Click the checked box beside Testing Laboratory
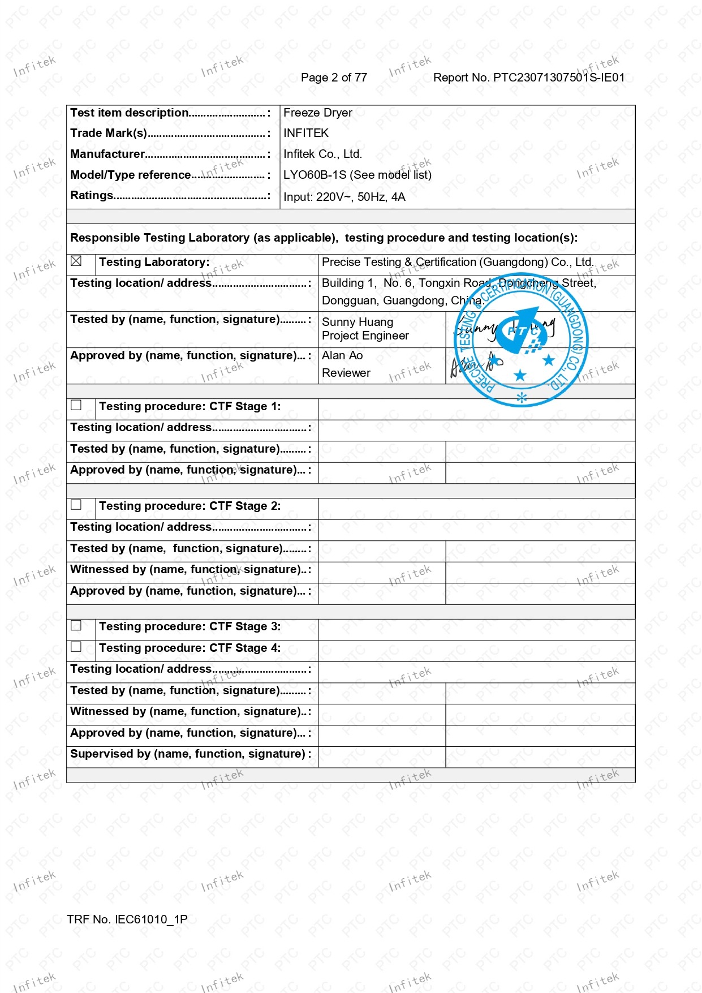pos(76,261)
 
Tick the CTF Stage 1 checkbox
pos(76,405)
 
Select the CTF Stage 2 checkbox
pos(76,505)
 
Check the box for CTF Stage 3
pos(76,625)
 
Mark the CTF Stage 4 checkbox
pos(76,647)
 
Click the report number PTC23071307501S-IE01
pos(529,78)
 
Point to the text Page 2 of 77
pos(334,78)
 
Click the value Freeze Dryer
pos(317,113)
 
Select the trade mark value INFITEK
pos(305,133)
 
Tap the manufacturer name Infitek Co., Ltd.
pos(322,154)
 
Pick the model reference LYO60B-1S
pos(315,175)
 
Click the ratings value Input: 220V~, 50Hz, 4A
pos(344,197)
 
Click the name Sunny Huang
pos(358,322)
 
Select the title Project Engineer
pos(365,336)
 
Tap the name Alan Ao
pos(342,355)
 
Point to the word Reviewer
pos(346,373)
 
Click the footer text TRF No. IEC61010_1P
pos(127,919)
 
